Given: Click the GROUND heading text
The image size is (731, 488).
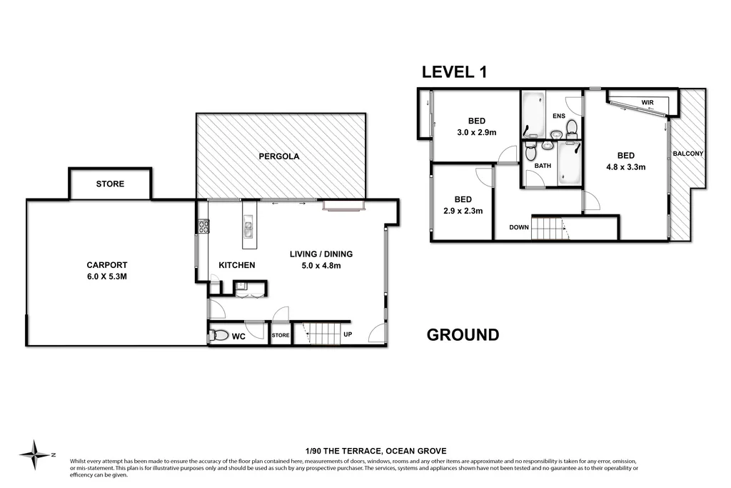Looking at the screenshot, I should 463,335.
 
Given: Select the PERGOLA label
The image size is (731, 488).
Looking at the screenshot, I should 279,156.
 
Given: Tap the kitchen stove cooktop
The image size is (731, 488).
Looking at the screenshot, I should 203,227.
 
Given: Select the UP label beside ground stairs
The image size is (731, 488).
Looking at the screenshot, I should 348,334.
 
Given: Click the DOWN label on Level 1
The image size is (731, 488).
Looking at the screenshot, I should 519,228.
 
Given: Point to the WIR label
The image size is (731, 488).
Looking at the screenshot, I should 647,103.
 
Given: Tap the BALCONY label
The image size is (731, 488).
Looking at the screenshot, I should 688,154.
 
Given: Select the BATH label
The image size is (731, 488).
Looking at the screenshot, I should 543,166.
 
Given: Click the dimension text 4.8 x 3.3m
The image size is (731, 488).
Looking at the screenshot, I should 625,168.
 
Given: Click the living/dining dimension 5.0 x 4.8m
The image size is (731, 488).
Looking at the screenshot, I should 321,266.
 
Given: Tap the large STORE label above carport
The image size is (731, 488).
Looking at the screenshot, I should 110,184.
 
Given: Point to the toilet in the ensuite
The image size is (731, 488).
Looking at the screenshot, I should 571,129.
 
